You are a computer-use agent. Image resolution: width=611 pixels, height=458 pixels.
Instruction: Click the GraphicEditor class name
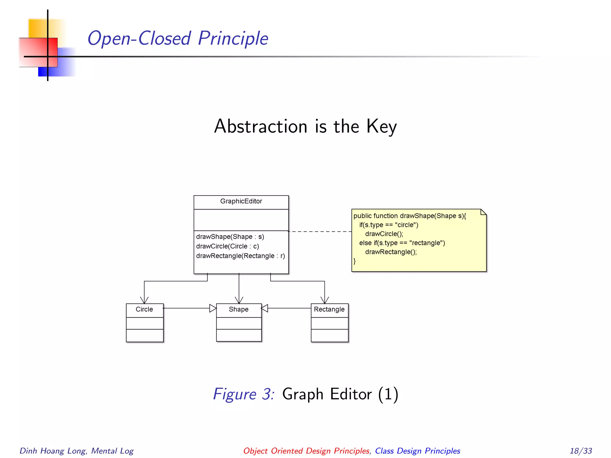241,201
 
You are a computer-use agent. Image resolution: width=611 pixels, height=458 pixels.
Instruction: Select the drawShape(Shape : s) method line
230,237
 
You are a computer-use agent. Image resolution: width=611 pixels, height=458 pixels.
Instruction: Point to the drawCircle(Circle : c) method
227,246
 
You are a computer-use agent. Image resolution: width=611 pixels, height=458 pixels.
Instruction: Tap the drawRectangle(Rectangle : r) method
240,256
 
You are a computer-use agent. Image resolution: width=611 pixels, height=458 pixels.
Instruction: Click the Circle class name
144,309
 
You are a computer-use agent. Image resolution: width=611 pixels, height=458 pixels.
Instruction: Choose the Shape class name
239,309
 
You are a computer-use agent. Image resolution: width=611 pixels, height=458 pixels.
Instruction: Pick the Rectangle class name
329,309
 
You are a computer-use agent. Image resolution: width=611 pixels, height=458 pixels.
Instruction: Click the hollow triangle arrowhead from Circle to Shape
212,308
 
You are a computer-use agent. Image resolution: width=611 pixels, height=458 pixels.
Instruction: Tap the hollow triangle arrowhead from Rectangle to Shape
265,308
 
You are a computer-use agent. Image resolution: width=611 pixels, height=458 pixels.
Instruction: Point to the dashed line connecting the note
320,231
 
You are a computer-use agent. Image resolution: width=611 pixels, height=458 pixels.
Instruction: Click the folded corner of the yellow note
483,212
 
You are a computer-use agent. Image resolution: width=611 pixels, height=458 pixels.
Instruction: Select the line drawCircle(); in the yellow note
384,234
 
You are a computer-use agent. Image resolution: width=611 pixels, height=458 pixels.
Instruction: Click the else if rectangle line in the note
402,243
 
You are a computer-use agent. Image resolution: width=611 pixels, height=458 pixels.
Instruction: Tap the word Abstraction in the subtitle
261,126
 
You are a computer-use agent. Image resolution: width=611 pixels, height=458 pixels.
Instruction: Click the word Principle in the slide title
233,38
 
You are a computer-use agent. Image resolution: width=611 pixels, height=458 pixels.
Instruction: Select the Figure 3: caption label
244,394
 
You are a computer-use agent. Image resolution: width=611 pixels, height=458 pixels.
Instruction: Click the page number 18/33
581,451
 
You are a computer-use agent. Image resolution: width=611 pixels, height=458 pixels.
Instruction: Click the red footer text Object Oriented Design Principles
306,451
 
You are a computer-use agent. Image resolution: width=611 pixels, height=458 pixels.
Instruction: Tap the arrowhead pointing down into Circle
144,300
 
